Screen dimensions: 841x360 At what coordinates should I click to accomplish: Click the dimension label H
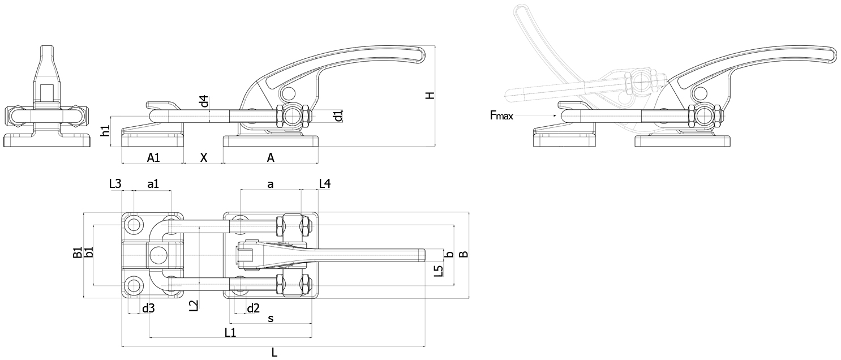click(430, 95)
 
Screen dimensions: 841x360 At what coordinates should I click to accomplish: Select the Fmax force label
click(501, 115)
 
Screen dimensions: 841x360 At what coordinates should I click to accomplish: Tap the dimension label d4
click(204, 101)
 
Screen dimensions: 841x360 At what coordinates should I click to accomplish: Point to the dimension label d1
click(338, 115)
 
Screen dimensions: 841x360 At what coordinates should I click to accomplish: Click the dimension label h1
click(106, 131)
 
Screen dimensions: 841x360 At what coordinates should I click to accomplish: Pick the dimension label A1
click(153, 158)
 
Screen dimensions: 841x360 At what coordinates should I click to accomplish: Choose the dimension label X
click(204, 158)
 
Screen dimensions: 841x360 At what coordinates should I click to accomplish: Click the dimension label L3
click(115, 184)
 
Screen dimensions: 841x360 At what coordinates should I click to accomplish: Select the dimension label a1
click(153, 184)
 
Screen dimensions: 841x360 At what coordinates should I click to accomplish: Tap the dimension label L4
click(325, 184)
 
